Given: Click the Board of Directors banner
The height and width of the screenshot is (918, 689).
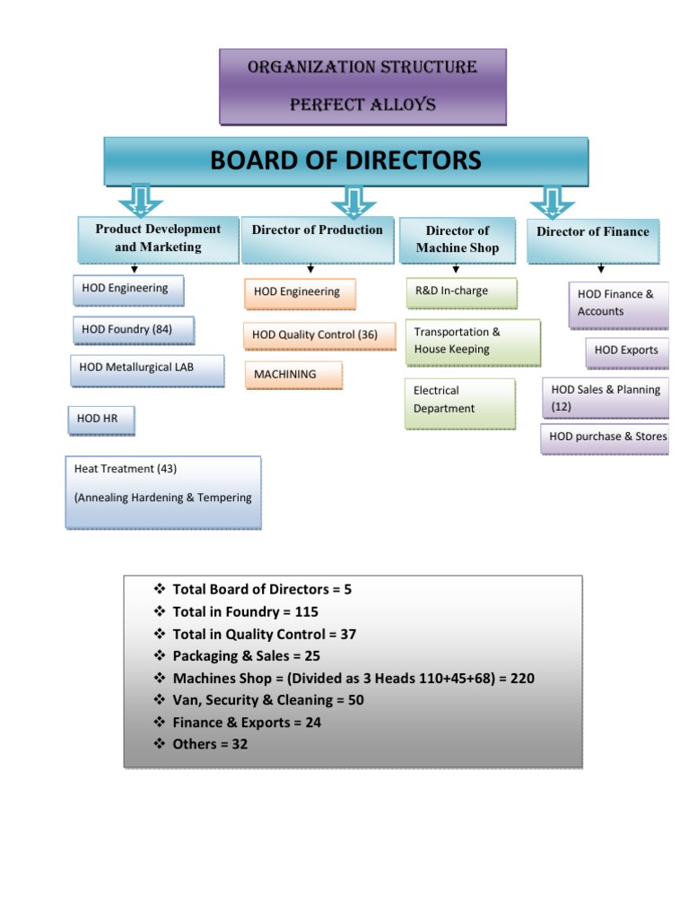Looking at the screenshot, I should pos(345,161).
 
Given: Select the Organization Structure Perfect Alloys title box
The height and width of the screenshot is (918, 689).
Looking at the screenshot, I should pos(362,86).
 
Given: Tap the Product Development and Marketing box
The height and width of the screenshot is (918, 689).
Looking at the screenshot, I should pos(158,238).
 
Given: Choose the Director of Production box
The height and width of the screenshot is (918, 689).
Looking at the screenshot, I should pos(317,238).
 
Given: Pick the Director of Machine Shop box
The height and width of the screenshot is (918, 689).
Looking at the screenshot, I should pos(458,239).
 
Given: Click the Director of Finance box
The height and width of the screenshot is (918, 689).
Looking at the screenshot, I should pos(593,239).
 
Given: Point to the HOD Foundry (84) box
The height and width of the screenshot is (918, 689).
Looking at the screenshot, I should pos(133,330).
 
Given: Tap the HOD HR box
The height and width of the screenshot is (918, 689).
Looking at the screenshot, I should pos(100,420).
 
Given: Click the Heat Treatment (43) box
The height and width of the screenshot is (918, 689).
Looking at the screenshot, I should pos(162,490).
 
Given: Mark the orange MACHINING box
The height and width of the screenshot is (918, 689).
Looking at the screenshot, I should pos(293,374).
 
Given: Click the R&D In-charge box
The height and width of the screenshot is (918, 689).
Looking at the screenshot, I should pos(461,291).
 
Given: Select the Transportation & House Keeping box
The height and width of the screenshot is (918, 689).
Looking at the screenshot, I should pos(473,342).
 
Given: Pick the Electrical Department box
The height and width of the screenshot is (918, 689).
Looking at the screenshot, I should pos(460,400).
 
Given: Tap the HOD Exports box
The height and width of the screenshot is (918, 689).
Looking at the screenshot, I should pos(627,351).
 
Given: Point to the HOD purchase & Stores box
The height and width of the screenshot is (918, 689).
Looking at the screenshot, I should pos(606,437).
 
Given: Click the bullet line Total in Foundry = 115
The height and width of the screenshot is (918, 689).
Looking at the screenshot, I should pos(245,611).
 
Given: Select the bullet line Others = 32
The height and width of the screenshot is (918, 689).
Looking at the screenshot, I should pos(209,744).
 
